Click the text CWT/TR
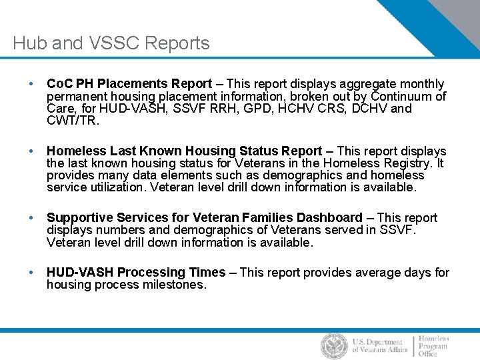point(72,120)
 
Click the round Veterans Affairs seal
point(334,346)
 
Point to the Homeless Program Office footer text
point(434,346)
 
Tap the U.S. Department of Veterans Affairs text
point(378,346)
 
